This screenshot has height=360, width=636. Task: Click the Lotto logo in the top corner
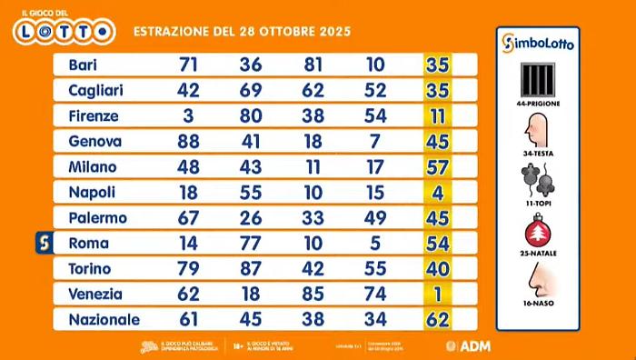point(64,27)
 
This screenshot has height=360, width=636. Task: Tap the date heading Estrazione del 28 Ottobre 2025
point(242,32)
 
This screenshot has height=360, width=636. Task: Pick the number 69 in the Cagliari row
point(252,91)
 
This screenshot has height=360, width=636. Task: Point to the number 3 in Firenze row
point(189,116)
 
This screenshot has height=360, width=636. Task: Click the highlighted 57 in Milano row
point(441,167)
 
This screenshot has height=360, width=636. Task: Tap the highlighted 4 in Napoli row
point(441,193)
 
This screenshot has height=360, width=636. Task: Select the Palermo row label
point(97,218)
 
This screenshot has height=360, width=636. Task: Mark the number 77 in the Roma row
point(252,244)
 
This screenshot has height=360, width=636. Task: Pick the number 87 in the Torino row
point(252,269)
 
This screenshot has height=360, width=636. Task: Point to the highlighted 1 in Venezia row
point(441,295)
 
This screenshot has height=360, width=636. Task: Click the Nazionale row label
point(104,320)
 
